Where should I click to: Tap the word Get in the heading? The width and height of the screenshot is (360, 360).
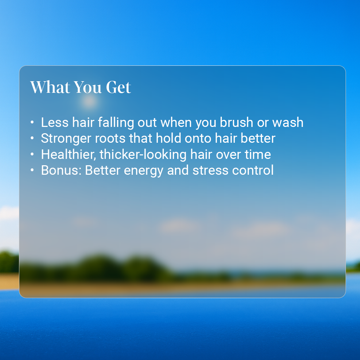pyautogui.click(x=118, y=87)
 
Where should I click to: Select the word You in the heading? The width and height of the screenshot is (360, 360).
pyautogui.click(x=88, y=87)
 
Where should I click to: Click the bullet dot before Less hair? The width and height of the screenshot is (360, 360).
pyautogui.click(x=32, y=122)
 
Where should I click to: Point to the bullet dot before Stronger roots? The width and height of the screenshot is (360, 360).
pyautogui.click(x=32, y=138)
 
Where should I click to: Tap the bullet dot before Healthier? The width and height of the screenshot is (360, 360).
pyautogui.click(x=32, y=154)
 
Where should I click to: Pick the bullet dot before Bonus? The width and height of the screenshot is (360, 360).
pyautogui.click(x=32, y=170)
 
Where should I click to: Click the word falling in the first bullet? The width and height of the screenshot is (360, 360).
pyautogui.click(x=116, y=122)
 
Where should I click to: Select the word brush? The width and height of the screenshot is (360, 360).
pyautogui.click(x=237, y=122)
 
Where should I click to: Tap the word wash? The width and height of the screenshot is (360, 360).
pyautogui.click(x=288, y=122)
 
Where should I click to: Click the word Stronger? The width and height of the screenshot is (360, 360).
pyautogui.click(x=66, y=139)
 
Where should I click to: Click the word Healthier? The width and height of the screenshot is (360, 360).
pyautogui.click(x=69, y=154)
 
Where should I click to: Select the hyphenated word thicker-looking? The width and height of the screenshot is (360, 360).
pyautogui.click(x=143, y=155)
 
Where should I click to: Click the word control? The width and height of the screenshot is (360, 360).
pyautogui.click(x=253, y=171)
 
